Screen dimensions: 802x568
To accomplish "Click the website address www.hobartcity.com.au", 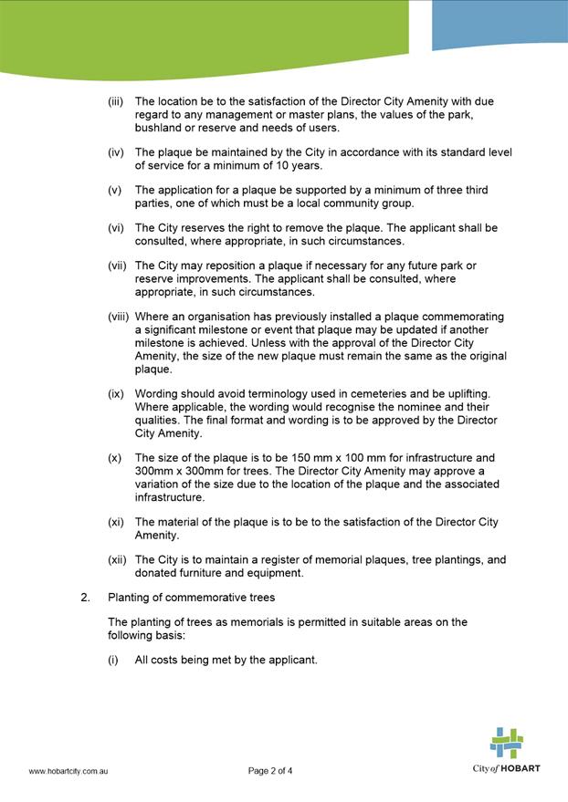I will [69, 771].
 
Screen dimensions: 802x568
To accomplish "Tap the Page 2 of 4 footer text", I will [270, 771].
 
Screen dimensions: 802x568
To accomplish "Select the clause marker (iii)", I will [116, 100].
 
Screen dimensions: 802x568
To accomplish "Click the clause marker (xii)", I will [117, 560].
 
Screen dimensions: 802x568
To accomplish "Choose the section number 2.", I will [85, 599].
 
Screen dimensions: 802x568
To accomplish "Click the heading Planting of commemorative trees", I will [192, 599].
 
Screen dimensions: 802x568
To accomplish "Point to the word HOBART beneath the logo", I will [521, 768].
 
